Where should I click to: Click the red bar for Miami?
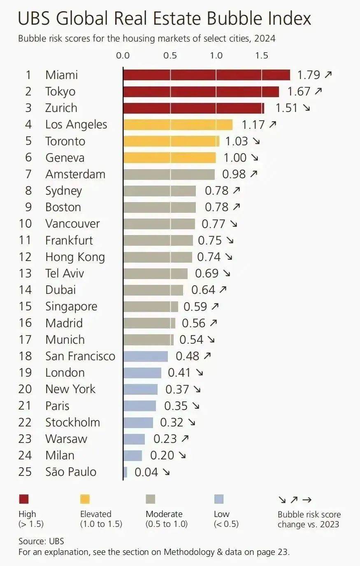coord(206,75)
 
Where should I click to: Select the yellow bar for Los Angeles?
coord(178,124)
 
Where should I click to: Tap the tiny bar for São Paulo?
coord(125,472)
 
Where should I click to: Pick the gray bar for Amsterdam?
coord(169,174)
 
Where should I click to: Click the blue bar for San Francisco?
coord(146,356)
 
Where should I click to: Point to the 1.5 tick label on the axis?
coord(262,56)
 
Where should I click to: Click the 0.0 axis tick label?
coord(123,56)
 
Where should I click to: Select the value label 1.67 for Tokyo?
coord(298,91)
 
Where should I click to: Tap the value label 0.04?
coord(146,472)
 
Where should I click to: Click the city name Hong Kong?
coord(75,257)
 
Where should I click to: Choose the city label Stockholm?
coord(72,422)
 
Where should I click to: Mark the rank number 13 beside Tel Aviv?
coord(25,273)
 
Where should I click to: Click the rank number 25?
coord(25,472)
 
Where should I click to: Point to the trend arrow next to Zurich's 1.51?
coord(306,108)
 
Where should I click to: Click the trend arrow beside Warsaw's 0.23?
coord(185,439)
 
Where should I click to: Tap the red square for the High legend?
coord(24,499)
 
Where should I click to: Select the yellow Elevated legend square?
coord(85,499)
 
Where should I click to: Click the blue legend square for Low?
coord(219,499)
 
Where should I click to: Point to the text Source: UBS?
coord(41,541)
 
